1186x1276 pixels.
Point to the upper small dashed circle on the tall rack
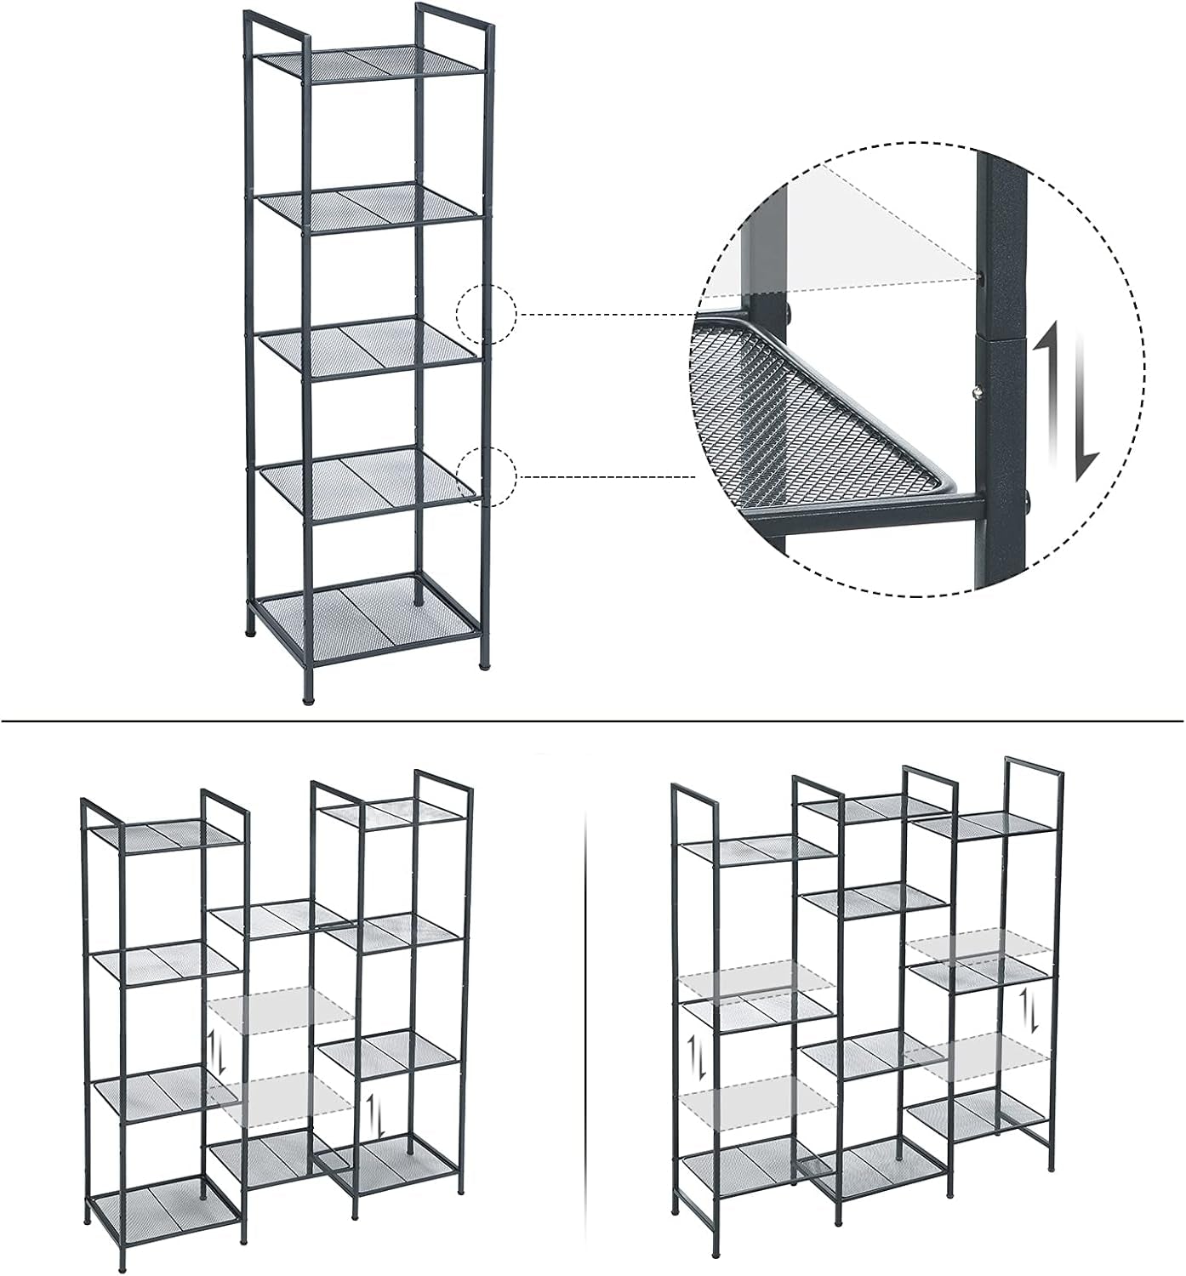tap(487, 314)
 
